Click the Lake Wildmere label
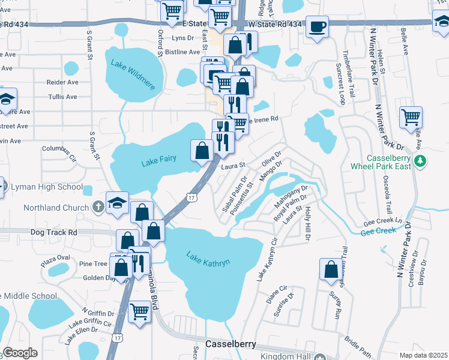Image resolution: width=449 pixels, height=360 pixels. click(x=133, y=74)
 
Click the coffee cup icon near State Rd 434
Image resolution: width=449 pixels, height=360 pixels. click(x=317, y=27)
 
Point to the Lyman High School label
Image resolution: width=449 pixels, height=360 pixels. click(x=46, y=187)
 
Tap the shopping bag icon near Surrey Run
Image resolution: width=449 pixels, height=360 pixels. click(x=331, y=270)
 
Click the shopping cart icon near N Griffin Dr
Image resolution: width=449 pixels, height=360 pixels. click(x=139, y=312)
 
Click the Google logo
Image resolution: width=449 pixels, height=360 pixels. click(x=19, y=353)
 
